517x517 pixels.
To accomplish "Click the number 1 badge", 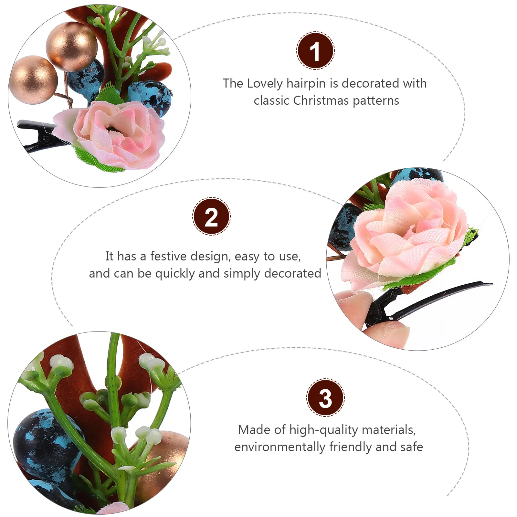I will coord(315,51).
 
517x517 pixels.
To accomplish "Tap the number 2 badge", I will coord(211,216).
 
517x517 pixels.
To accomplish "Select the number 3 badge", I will coord(325,398).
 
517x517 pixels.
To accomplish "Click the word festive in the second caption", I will coord(169,256).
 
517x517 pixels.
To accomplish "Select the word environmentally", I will coord(280,447).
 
